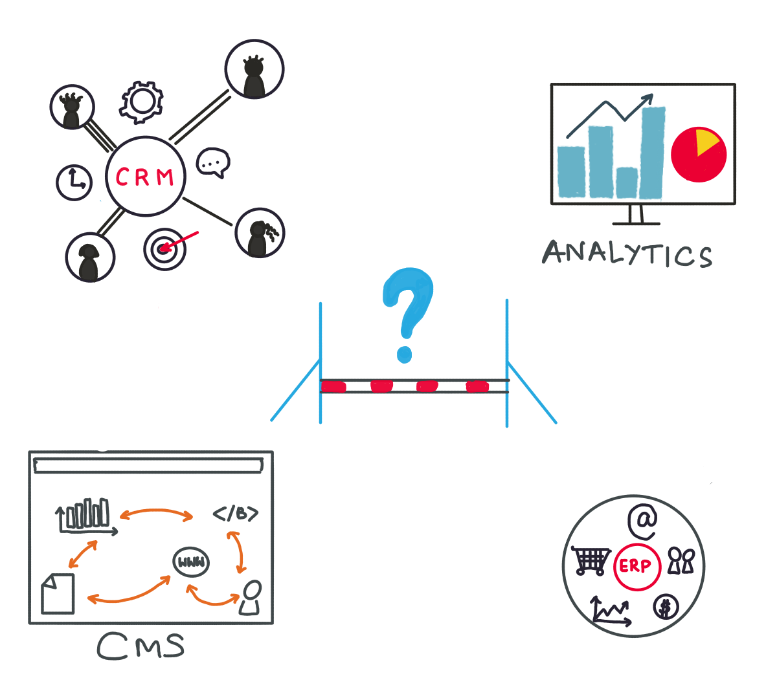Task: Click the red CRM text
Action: pos(144,177)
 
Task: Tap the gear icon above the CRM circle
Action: pos(141,102)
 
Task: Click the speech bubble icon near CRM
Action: pos(212,162)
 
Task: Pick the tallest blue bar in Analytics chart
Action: pos(652,153)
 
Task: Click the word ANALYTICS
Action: pos(627,254)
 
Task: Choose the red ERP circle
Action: pos(636,567)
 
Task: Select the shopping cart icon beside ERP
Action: pos(591,560)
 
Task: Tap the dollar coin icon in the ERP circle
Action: pos(665,607)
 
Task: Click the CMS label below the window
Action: pos(141,646)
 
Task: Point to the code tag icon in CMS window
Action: pos(236,514)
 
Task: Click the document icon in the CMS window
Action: pos(58,593)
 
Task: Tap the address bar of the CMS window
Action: pos(148,465)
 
